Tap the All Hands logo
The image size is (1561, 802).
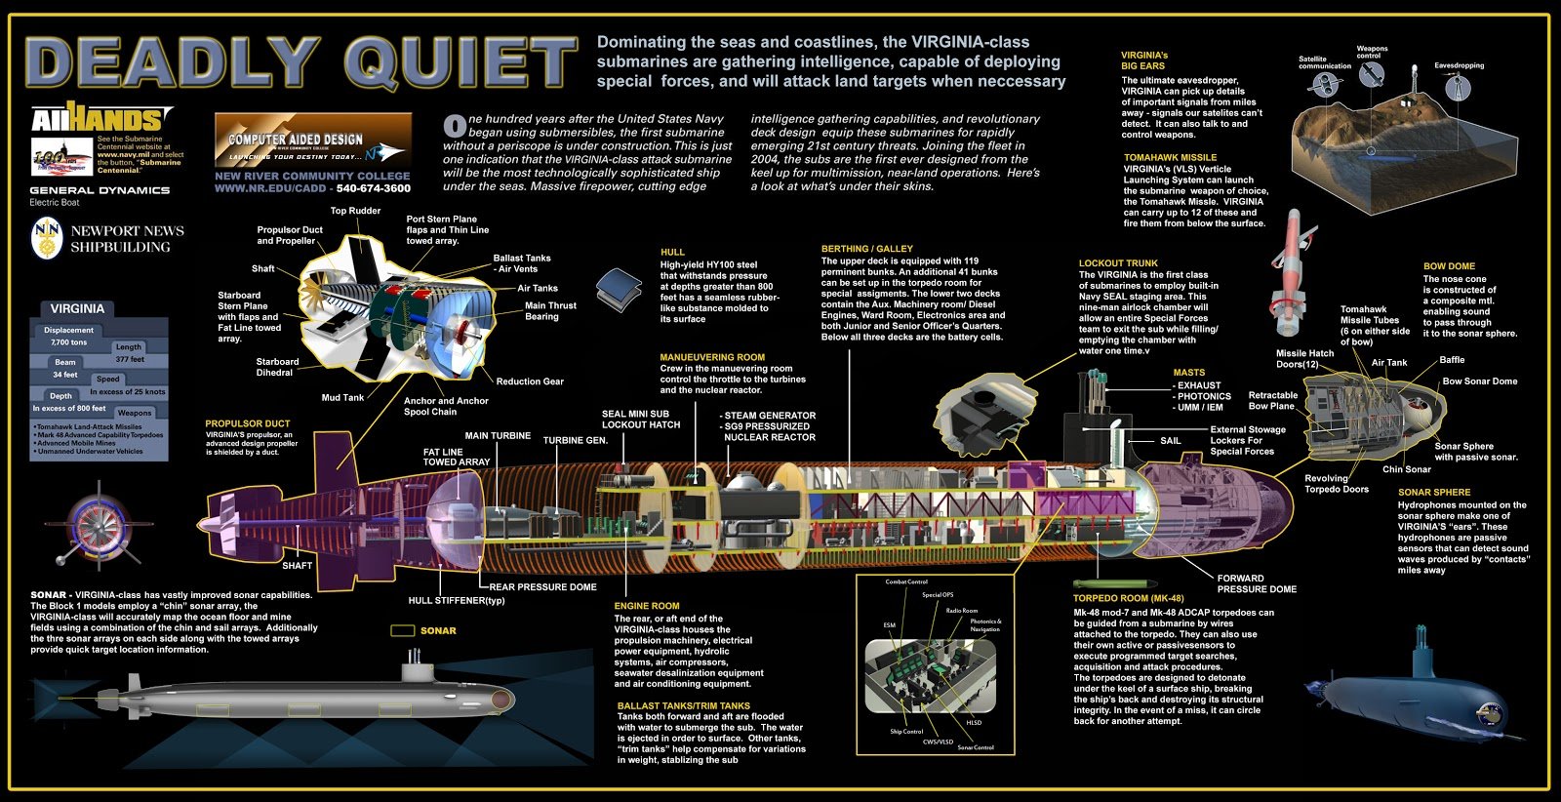[x=95, y=119]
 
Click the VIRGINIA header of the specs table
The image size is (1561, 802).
[x=77, y=308]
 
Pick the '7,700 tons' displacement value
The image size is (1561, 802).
[x=69, y=342]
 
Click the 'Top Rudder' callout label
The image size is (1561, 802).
[x=355, y=211]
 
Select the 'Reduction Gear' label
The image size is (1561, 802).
[x=530, y=381]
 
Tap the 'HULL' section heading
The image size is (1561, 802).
[x=672, y=252]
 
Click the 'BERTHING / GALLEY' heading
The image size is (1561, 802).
[x=867, y=249]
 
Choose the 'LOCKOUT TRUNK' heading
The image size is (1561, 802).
[x=1118, y=263]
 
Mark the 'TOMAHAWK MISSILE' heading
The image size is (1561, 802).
[x=1170, y=157]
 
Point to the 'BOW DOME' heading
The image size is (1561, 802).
[x=1449, y=266]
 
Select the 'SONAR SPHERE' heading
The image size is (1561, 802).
[x=1433, y=493]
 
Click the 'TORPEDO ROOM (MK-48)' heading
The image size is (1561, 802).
[x=1128, y=598]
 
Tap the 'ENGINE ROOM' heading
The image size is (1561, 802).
[x=646, y=606]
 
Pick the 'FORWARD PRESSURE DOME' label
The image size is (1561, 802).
[x=1257, y=583]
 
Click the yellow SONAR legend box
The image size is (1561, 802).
[x=402, y=631]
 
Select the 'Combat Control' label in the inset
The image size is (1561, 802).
[x=905, y=581]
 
